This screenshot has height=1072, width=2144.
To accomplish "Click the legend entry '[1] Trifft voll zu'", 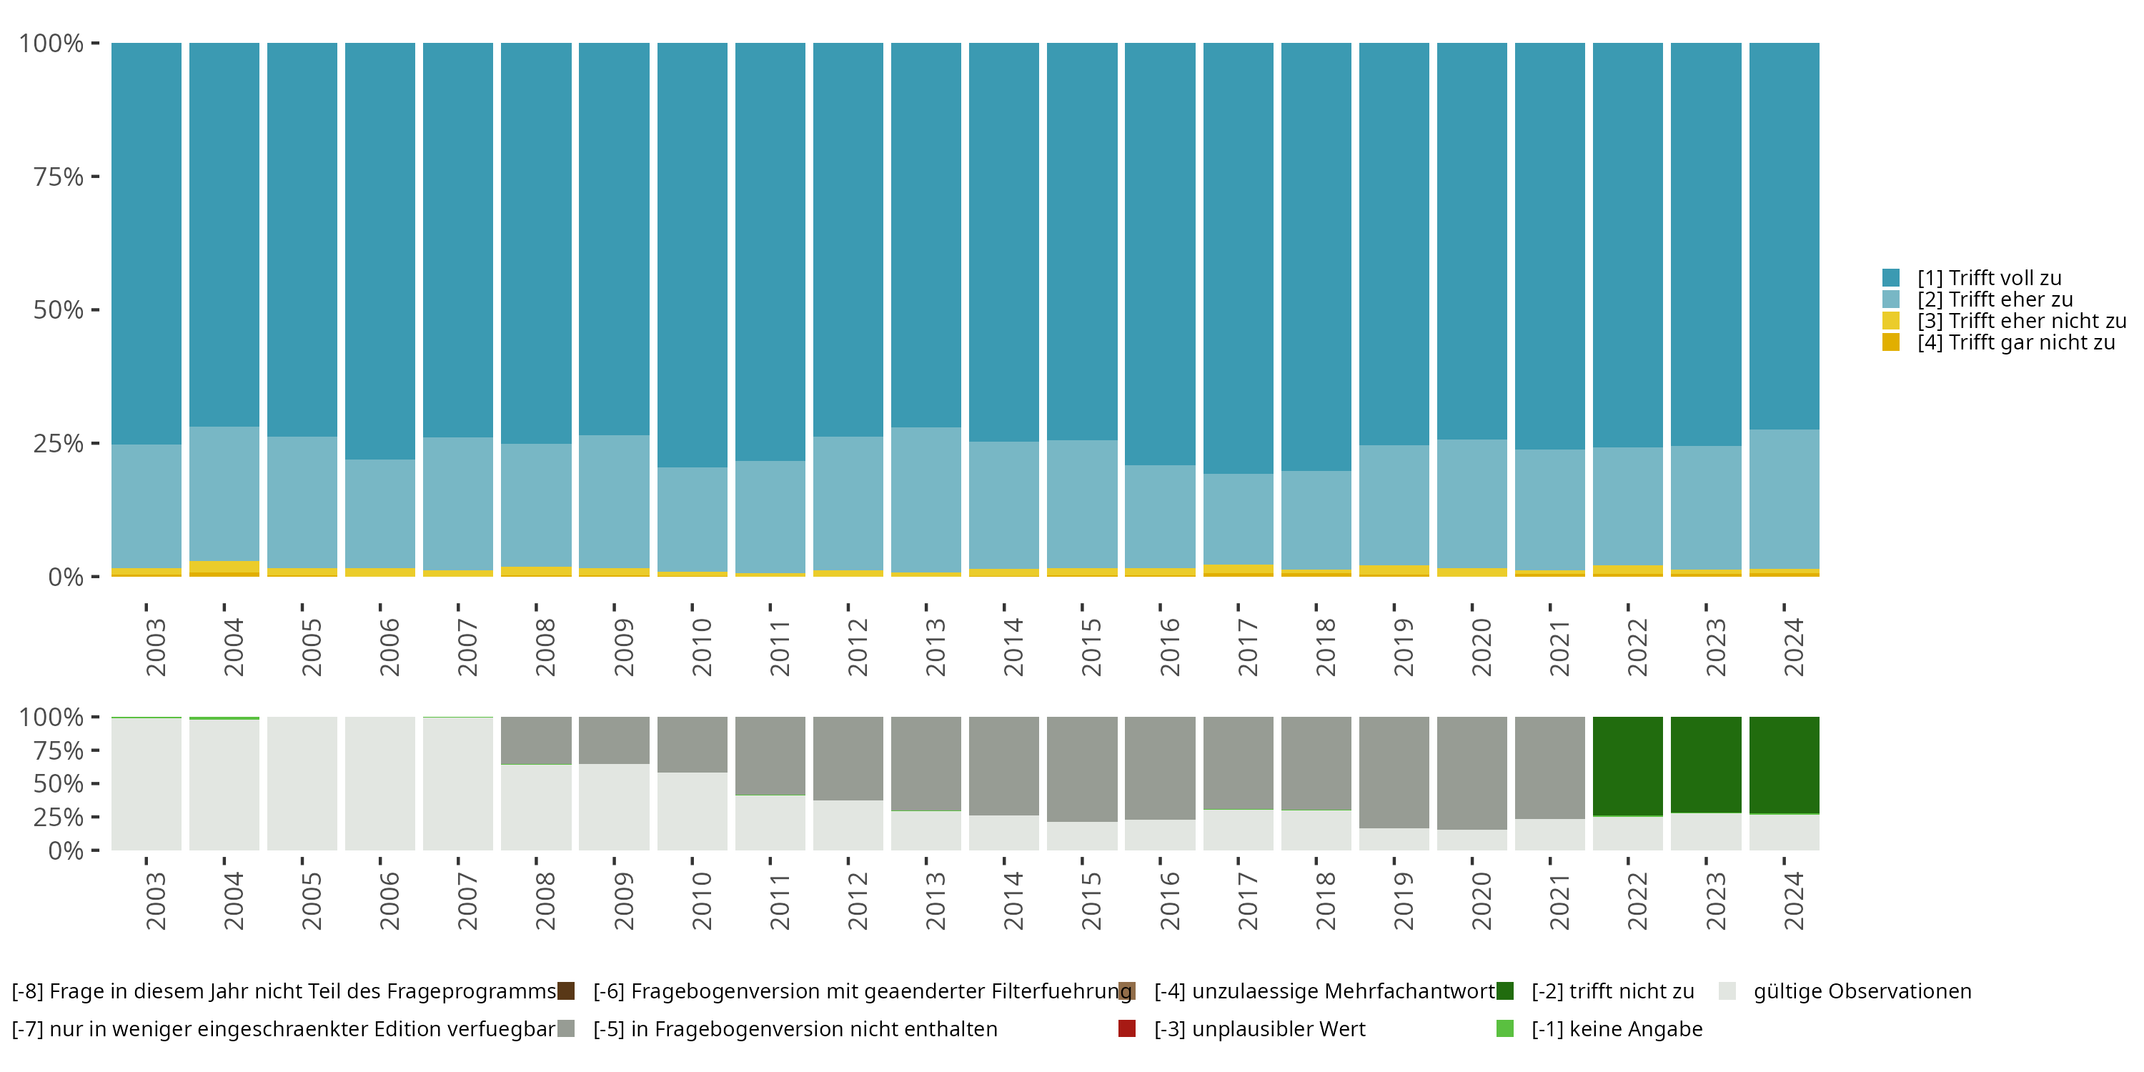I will tap(1988, 278).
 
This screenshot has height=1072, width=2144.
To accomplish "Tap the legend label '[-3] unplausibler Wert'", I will tap(1259, 1028).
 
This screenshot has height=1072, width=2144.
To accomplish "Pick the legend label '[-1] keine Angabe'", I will tap(1617, 1028).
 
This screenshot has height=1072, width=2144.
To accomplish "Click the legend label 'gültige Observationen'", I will tap(1862, 991).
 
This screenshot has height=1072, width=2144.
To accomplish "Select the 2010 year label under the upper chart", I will tap(701, 647).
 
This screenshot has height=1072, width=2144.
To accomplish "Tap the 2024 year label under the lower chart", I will tap(1793, 900).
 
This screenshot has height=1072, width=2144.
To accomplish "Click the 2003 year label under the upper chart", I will tap(155, 647).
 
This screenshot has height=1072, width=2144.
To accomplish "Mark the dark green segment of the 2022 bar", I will tap(1627, 765).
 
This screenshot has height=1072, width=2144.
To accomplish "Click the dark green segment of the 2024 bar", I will tap(1784, 764).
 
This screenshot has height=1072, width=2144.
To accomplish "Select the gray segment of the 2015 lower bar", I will tap(1082, 769).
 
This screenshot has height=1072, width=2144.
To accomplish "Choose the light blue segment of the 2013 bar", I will tap(925, 500).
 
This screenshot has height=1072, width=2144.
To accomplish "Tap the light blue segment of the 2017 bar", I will tap(1238, 520).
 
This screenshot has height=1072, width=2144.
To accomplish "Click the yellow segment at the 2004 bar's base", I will tap(224, 567).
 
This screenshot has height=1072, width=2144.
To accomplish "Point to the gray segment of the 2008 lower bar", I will tap(536, 740).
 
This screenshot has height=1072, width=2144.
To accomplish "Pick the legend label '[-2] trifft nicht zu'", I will tap(1612, 991).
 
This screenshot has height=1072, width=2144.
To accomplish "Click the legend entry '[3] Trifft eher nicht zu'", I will tap(2021, 320).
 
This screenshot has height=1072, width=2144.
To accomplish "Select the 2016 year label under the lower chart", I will tap(1168, 900).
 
